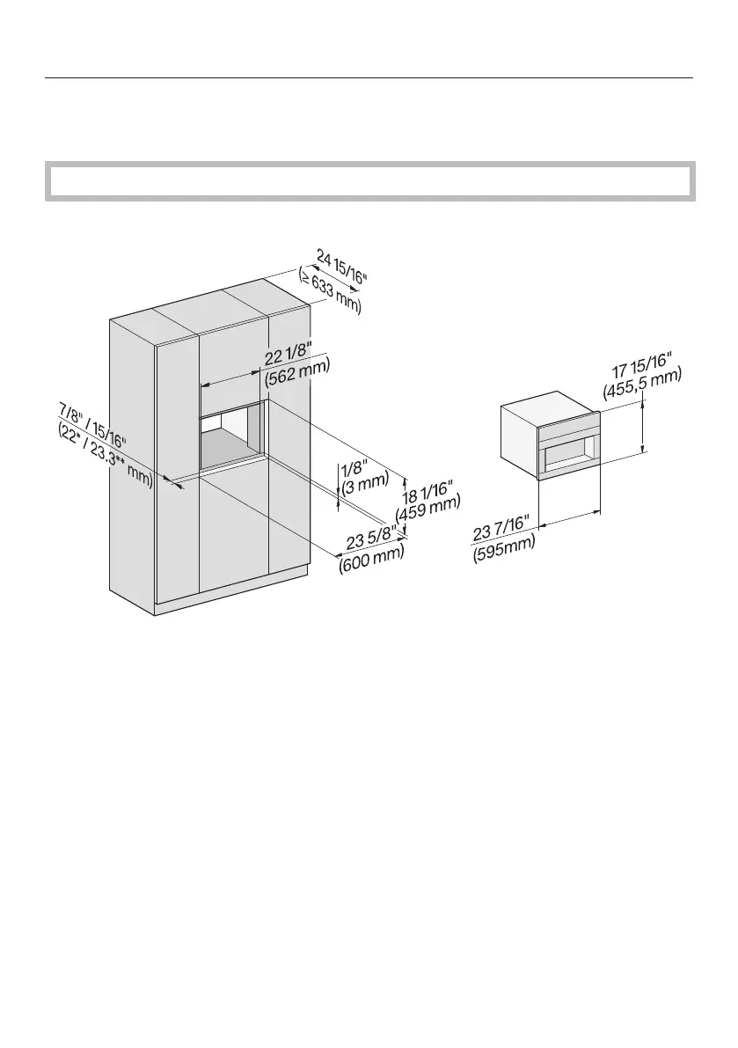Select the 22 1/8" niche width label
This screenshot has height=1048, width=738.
[289, 358]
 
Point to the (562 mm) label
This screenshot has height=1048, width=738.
[297, 377]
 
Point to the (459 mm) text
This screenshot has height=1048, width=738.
[428, 510]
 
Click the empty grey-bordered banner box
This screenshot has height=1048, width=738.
[369, 180]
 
